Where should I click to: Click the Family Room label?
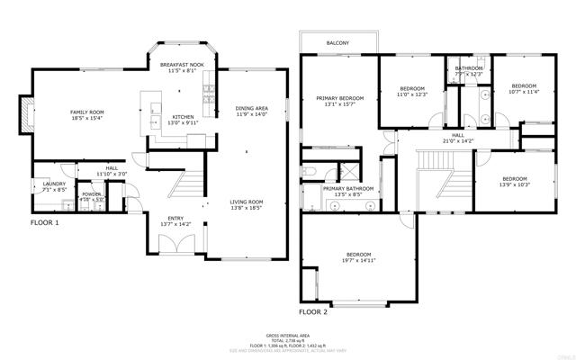pos(87,112)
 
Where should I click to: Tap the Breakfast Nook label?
pos(183,66)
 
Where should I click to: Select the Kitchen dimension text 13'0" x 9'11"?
pos(183,123)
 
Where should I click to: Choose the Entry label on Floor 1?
pos(175,218)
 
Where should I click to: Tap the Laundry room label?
pos(55,184)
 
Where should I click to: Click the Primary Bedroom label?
pos(339,98)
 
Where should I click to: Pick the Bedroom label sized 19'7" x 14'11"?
pos(357,255)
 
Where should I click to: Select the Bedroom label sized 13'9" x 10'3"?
pos(515,178)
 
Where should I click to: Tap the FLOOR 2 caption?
pos(314,311)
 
